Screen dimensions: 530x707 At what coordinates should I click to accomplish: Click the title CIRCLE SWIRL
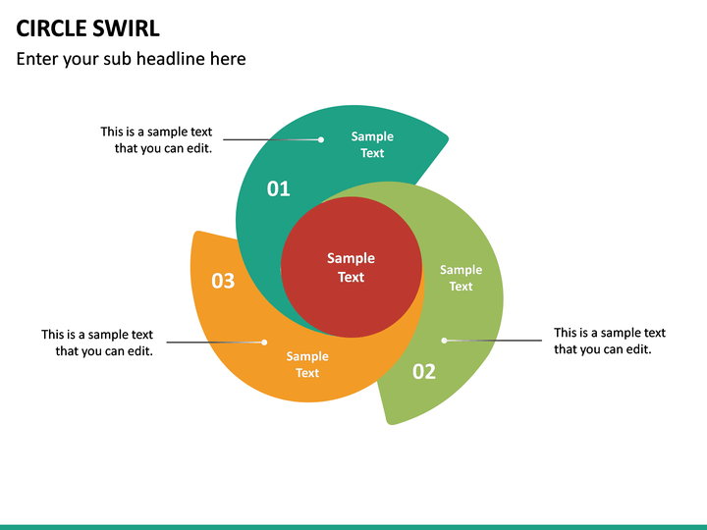87,27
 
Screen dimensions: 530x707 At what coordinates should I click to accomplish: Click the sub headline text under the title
131,59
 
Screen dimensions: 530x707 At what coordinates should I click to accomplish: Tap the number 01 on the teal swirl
279,188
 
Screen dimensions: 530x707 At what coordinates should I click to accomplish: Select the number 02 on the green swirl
423,371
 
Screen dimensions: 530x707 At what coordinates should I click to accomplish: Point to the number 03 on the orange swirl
223,281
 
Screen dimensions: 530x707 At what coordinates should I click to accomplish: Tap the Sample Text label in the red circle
352,267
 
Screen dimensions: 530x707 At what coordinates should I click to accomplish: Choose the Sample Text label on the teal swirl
372,144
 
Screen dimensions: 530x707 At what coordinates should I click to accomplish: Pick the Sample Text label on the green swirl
461,278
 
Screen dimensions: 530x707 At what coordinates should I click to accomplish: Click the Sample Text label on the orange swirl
307,364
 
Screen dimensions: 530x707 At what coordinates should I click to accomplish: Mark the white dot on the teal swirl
321,139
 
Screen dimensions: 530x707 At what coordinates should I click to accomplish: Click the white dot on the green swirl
444,341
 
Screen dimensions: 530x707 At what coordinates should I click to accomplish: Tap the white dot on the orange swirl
264,342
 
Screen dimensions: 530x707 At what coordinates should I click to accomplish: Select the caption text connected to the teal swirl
156,139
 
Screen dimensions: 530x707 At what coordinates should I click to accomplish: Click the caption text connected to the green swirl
609,341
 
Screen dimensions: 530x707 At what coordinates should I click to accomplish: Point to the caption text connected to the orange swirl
97,343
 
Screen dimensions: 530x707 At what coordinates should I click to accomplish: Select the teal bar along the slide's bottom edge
353,526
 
